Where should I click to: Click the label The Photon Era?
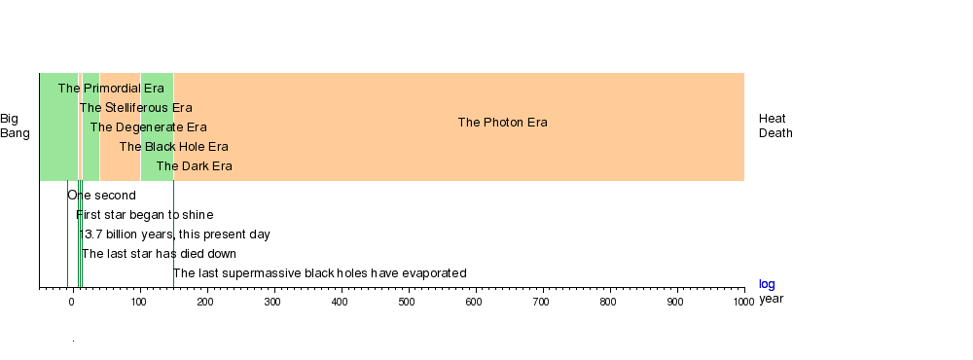coord(503,123)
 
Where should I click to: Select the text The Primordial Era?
coord(111,89)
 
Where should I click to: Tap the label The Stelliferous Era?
coord(136,107)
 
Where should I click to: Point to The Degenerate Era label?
coord(148,127)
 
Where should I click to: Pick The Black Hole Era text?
coord(174,147)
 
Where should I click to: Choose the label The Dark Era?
coord(195,165)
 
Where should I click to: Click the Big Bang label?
coord(15,126)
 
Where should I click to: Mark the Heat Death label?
coord(775,126)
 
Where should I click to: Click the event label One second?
coord(102,195)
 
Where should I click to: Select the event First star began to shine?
coord(145,215)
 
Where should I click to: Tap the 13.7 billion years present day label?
coord(174,234)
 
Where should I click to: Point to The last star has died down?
coord(159,253)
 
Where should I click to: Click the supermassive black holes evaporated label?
coord(319,273)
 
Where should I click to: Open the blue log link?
coord(767,284)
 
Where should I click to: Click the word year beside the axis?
coord(772,299)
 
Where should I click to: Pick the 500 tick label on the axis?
coord(407,302)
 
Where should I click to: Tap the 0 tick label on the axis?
coord(72,302)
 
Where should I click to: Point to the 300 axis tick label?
coord(272,302)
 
